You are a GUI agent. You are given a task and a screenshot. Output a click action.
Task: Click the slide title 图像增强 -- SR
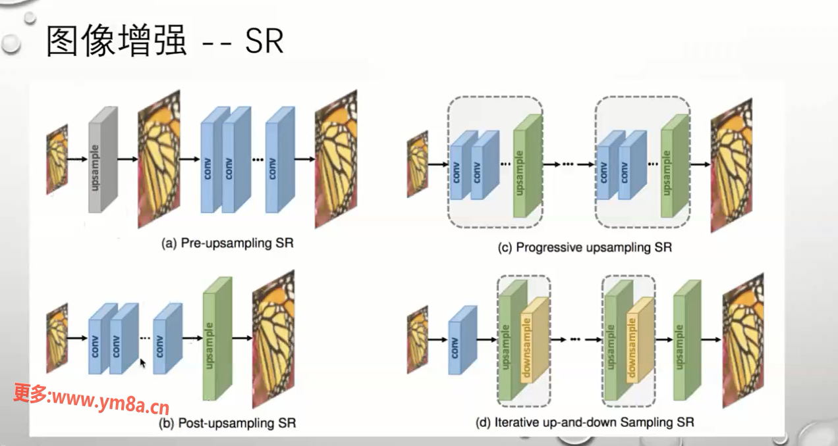[x=165, y=41]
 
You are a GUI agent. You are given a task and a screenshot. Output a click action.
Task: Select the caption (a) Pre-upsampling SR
[x=227, y=243]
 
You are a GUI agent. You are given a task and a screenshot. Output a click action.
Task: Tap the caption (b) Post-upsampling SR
[x=227, y=422]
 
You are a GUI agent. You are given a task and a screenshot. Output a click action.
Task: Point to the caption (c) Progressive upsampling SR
[x=585, y=247]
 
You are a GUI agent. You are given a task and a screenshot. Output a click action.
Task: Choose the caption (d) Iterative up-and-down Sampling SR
[x=584, y=422]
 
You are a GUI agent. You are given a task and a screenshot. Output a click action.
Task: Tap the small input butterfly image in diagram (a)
[x=57, y=159]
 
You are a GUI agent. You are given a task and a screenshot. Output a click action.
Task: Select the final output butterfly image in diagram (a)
[x=335, y=159]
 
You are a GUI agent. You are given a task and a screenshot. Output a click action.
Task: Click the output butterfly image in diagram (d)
[x=743, y=339]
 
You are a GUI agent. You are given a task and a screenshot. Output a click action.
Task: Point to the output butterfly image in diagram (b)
[x=273, y=339]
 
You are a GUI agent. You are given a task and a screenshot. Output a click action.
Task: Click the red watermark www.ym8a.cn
[x=92, y=396]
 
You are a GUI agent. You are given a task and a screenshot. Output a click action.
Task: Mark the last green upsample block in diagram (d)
[x=686, y=339]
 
